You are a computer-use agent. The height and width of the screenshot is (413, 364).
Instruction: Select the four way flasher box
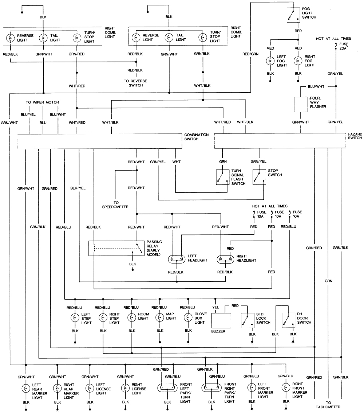click(x=301, y=105)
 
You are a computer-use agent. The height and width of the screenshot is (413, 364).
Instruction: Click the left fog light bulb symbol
click(x=270, y=61)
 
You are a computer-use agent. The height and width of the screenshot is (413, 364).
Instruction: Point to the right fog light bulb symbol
click(x=298, y=61)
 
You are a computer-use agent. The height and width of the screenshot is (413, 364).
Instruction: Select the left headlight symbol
click(x=177, y=260)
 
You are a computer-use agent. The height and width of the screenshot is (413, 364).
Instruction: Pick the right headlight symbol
click(x=226, y=260)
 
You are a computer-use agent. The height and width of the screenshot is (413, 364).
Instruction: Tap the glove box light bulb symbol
click(x=188, y=317)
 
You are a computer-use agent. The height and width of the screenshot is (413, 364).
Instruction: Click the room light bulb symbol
click(x=131, y=317)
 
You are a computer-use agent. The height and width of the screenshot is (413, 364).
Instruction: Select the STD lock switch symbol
click(x=248, y=320)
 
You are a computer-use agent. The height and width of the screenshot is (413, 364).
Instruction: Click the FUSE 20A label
click(x=343, y=47)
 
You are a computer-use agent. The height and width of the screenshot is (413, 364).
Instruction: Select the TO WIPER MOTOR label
click(x=42, y=102)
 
